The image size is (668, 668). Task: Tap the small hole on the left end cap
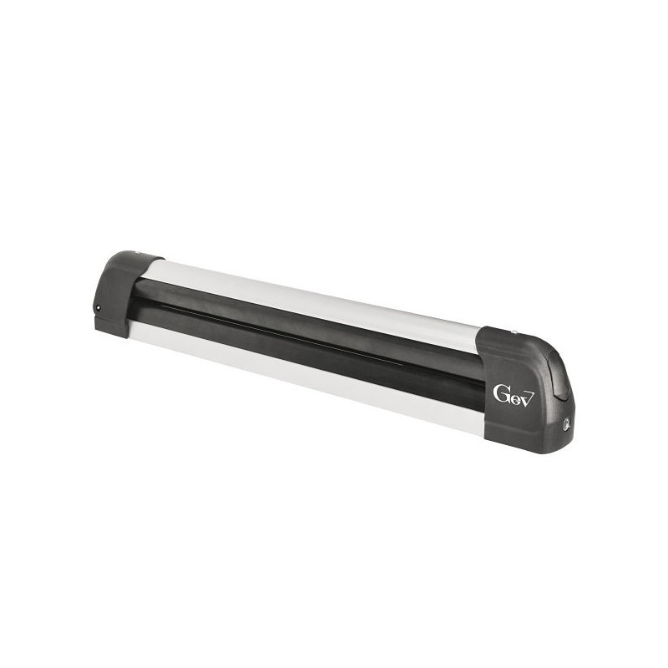coord(98,309)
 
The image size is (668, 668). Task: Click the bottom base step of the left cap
coord(113,329)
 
